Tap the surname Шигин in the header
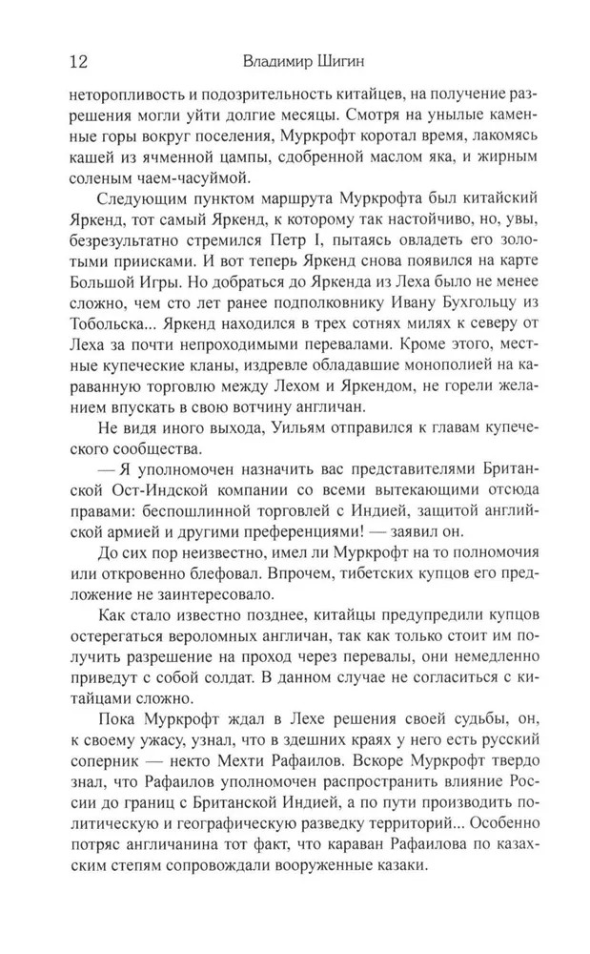[x=346, y=63]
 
